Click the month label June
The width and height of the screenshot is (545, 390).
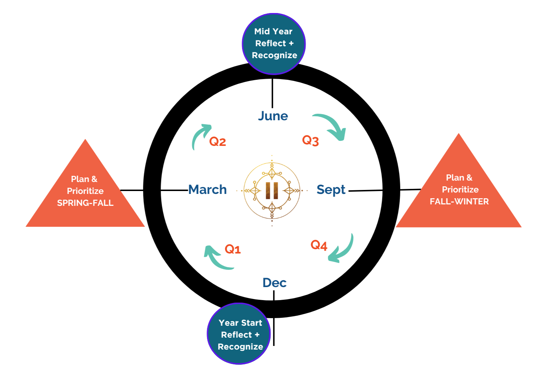[x=273, y=116]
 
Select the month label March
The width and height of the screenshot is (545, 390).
[x=208, y=190]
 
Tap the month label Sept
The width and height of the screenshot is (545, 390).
[x=331, y=190]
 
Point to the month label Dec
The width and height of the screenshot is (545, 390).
[x=274, y=283]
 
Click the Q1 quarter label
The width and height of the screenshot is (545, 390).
[x=233, y=249]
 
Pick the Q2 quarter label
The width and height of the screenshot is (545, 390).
[x=217, y=141]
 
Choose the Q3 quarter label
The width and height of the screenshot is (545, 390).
[x=310, y=140]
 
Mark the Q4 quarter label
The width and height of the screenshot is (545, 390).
[x=319, y=245]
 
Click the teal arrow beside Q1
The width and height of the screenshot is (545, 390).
[x=217, y=259]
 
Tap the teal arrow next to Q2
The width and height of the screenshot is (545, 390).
[x=199, y=135]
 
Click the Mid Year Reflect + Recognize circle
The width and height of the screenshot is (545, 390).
[x=274, y=44]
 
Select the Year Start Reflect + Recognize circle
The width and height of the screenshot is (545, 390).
[x=239, y=334]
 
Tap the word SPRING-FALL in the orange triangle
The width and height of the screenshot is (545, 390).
[x=85, y=203]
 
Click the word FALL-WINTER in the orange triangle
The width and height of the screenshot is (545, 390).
[x=459, y=201]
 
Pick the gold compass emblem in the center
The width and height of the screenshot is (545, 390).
[x=272, y=190]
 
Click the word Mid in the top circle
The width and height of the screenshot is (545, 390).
[x=262, y=31]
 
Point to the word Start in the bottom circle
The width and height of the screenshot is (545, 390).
[x=251, y=323]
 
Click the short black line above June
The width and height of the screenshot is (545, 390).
[x=272, y=93]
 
